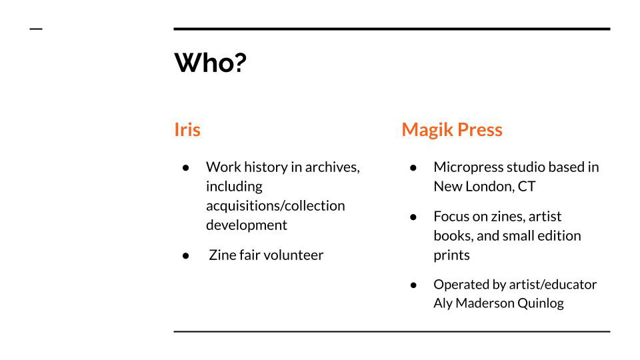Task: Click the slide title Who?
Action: coord(210,63)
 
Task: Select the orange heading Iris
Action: coord(187,129)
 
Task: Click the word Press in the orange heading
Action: coord(480,130)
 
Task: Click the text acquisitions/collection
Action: coord(275,206)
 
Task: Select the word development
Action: coord(247,225)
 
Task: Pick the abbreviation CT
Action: coord(527,187)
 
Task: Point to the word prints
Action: coord(451,255)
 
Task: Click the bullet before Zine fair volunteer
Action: coord(186,256)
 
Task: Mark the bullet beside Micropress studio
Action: coord(413,168)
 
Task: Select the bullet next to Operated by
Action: coord(413,285)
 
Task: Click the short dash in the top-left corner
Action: coord(36,29)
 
